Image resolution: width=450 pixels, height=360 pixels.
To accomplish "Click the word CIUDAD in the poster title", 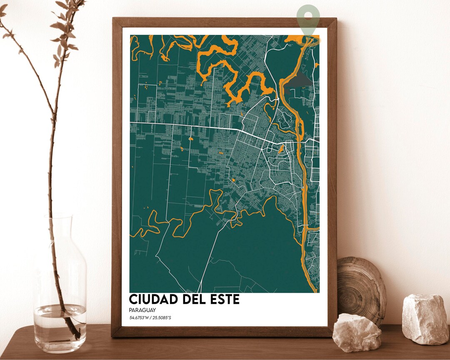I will [x=152, y=299].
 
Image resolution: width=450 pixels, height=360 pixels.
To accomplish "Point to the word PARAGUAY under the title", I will [x=142, y=310].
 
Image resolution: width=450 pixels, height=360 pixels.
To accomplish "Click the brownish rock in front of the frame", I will [x=356, y=333].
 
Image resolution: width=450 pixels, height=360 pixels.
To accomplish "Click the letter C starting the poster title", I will [x=134, y=299].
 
